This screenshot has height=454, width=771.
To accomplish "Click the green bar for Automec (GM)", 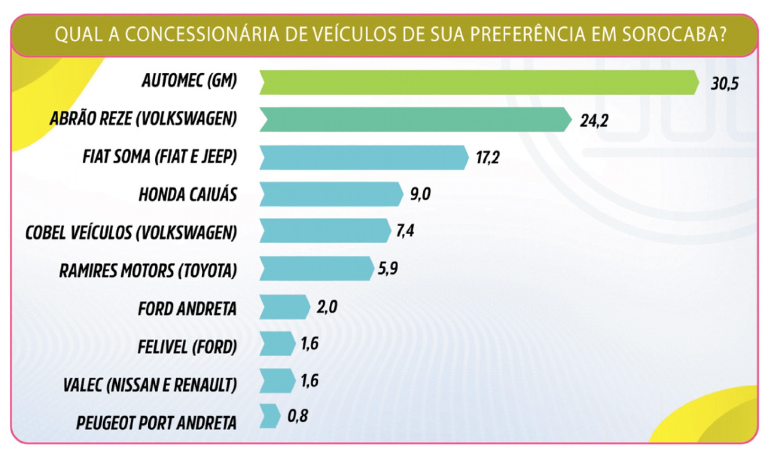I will tap(478, 82).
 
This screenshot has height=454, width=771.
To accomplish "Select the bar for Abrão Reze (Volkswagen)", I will tap(413, 120).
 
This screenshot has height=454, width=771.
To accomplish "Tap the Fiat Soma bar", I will tap(363, 157).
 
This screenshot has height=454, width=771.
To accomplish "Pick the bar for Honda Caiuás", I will tap(330, 194).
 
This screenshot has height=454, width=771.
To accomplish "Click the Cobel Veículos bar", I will tap(324, 231).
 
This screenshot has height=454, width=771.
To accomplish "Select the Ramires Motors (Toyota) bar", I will tap(316, 268).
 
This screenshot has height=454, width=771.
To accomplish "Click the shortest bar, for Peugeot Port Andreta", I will tap(269, 416).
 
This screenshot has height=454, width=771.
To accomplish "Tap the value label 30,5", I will tap(724, 84).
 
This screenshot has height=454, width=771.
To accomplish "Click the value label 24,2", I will tap(594, 121).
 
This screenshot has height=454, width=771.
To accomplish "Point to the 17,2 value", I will tap(487, 157).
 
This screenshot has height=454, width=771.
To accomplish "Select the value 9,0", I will tap(420, 194).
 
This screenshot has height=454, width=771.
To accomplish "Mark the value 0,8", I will tap(298, 416).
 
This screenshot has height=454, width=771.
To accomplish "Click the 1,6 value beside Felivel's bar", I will tap(309, 344).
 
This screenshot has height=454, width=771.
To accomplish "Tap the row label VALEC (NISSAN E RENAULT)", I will tap(150, 385).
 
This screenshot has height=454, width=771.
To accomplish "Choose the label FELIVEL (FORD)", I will tap(187, 347).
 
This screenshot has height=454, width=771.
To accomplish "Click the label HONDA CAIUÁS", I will tap(188, 195).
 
